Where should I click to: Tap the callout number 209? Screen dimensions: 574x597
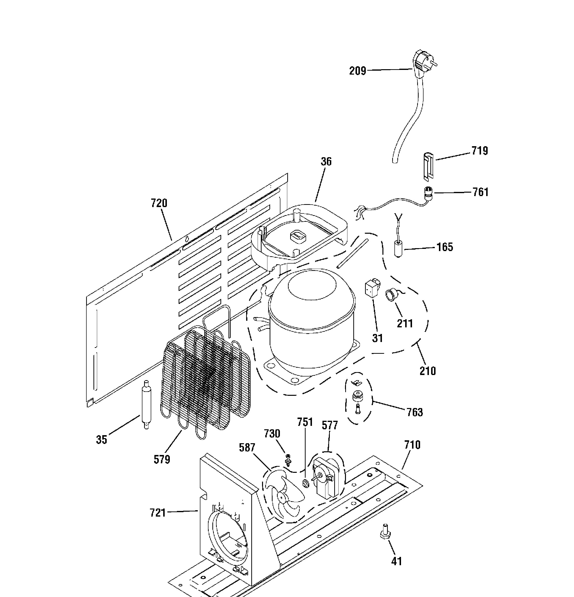point(357,71)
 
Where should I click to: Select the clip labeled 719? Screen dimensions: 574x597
point(428,167)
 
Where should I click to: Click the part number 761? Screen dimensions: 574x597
point(481,192)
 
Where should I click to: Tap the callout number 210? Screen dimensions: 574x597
point(428,371)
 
